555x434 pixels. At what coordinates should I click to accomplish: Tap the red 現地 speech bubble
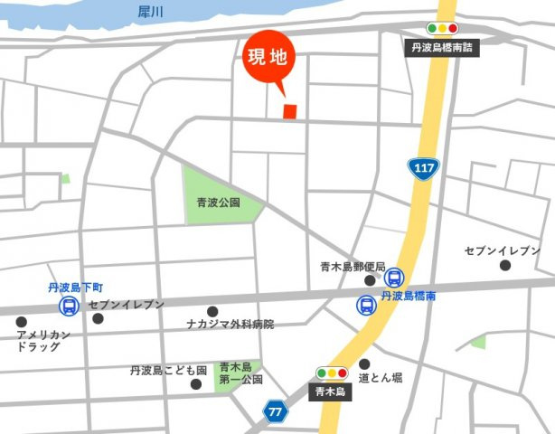coord(268,58)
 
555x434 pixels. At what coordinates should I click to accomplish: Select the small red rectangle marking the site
coord(290,110)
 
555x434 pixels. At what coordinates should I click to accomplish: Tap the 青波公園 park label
coord(219,203)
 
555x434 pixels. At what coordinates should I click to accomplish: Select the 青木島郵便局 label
coord(353,267)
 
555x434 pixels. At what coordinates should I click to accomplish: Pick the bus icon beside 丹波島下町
coord(69,307)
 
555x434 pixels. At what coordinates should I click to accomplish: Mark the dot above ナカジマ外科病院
coord(212,311)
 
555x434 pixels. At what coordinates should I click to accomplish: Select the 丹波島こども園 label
coord(168,371)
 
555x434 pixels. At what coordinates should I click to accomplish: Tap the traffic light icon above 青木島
coord(331,373)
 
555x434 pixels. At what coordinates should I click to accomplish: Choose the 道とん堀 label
coord(380,377)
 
